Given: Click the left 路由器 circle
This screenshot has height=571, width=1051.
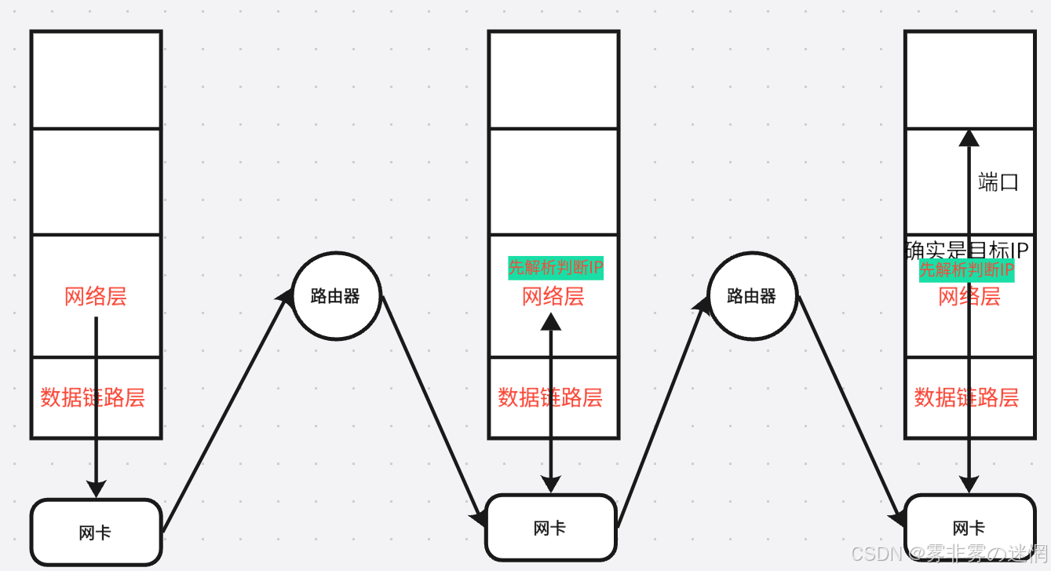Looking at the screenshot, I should pos(336,296).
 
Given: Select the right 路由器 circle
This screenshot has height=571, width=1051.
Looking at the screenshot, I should pos(752,296).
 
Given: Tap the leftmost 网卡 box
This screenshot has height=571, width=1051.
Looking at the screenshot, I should pos(96,533).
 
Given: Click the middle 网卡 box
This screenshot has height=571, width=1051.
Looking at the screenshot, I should pos(549,528).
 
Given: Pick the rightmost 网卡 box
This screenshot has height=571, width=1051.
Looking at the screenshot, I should pos(969,528).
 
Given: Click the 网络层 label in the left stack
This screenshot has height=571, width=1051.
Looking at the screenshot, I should pos(96,297).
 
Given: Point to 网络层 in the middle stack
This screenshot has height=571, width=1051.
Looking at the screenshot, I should pos(553,297).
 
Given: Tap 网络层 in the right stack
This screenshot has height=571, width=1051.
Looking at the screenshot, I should pos(969,297).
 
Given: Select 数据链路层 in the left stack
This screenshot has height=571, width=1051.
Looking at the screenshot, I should pos(93,397).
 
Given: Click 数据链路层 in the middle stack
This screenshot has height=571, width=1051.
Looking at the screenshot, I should pos(550,397).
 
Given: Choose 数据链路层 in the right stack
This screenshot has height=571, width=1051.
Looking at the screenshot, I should pos(966,397).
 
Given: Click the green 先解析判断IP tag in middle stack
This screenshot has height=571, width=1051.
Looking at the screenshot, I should pos(556,268).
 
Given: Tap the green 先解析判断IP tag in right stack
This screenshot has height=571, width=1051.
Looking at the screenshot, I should pos(966,270).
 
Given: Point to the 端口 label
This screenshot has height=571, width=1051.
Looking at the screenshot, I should pos(998,183).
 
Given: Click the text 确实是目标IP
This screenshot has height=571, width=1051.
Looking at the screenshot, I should pos(967,251).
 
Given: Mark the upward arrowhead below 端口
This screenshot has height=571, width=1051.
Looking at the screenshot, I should pos(969,138).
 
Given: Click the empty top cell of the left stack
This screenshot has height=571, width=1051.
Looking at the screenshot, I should pos(96,79).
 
